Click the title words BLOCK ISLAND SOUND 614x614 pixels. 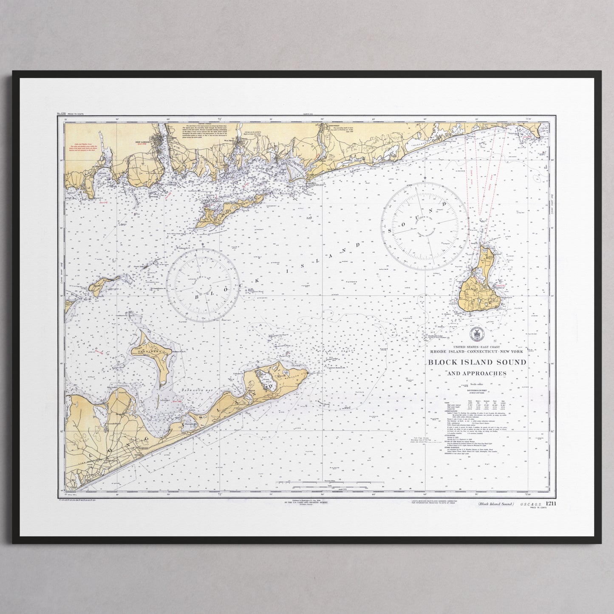pos(477,362)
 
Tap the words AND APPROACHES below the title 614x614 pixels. pos(477,373)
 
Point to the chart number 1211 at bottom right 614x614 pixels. pos(539,504)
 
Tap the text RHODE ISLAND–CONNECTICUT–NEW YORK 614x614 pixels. pos(476,351)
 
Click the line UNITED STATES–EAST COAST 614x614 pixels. pos(476,346)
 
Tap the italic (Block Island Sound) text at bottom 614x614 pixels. pos(495,504)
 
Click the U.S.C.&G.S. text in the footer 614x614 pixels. pos(525,504)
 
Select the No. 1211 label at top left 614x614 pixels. pos(62,114)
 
